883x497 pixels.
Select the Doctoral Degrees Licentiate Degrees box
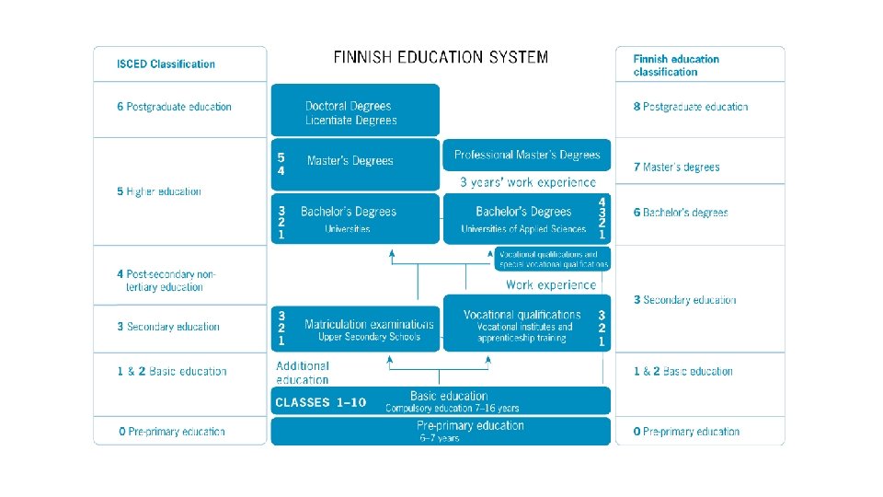click(x=355, y=112)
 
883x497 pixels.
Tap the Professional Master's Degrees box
click(x=527, y=155)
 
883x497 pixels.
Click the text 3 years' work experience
click(x=528, y=182)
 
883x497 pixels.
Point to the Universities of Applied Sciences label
click(x=523, y=229)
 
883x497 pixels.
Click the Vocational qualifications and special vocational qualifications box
click(x=552, y=260)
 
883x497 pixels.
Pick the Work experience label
click(x=550, y=285)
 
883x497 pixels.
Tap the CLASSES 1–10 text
click(x=321, y=402)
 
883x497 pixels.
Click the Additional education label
click(x=303, y=373)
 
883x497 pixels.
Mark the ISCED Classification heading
click(x=166, y=64)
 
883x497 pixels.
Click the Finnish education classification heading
click(x=676, y=65)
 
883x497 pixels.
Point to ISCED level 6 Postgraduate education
click(x=174, y=107)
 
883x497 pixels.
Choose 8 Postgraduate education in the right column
click(x=691, y=107)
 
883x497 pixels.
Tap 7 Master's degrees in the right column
click(x=676, y=168)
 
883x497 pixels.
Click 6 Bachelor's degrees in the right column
click(x=681, y=213)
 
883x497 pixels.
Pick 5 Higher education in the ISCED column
click(x=158, y=191)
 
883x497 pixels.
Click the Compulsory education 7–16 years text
click(x=452, y=408)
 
